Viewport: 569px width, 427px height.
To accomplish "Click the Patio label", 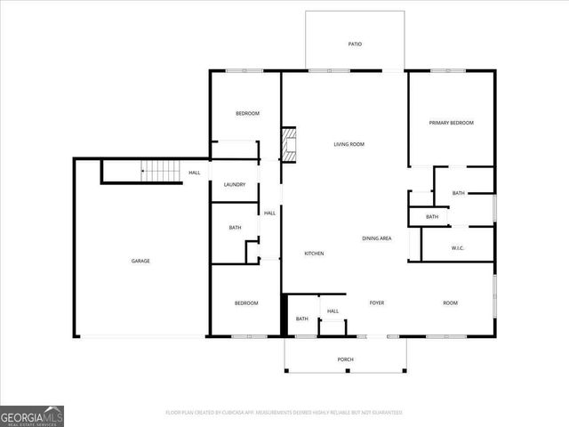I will coord(355,44).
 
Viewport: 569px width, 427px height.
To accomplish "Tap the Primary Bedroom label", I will coord(451,123).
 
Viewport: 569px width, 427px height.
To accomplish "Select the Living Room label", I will coord(349,144).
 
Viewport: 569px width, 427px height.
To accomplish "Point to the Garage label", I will coord(140,261).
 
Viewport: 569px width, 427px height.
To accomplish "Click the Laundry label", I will coord(235,184).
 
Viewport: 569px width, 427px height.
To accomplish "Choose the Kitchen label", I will coord(314,254).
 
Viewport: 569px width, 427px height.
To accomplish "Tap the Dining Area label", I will coord(377,238).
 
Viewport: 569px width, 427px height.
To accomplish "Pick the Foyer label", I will coord(377,303).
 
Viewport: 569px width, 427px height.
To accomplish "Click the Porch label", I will coord(345,359).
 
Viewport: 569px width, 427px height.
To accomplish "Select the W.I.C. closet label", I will coord(459,248).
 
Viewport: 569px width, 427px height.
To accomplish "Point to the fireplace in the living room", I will coord(288,144).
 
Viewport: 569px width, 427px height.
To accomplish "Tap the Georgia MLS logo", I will coord(32,415).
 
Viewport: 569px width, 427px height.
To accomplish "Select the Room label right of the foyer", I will coord(450,303).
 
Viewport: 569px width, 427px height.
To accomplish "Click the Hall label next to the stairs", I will coord(194,173).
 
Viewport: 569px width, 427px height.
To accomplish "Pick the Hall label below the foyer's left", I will coord(333,311).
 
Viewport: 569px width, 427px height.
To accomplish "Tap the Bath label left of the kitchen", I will coord(235,228).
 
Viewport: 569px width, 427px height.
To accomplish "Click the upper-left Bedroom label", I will coord(247,113).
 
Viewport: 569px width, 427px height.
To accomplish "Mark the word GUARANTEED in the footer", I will coord(381,413).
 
